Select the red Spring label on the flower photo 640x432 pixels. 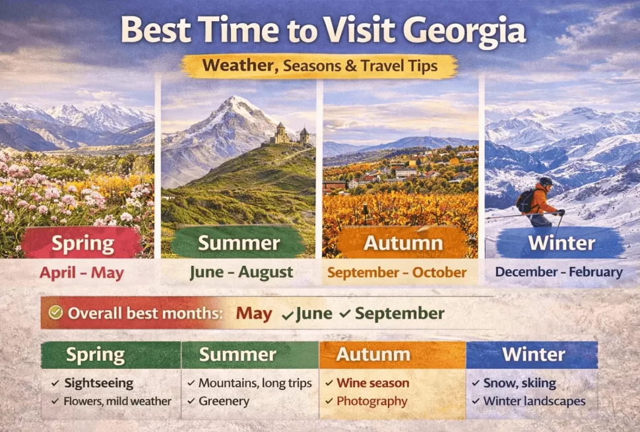(x=82, y=243)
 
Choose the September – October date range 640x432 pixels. (x=397, y=272)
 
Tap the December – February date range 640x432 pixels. (x=559, y=272)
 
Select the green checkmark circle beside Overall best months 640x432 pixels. (x=55, y=313)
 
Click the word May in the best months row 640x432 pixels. (x=254, y=314)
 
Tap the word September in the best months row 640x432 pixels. (x=400, y=314)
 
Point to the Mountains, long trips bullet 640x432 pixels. (x=255, y=383)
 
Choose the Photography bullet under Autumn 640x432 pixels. (x=371, y=400)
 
